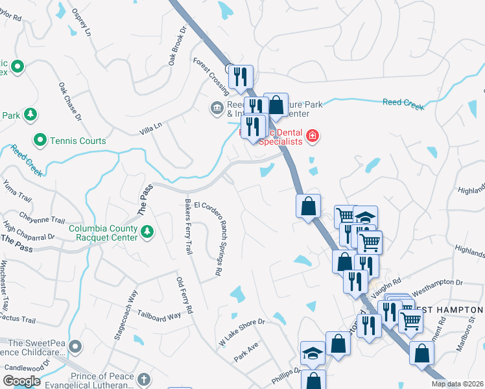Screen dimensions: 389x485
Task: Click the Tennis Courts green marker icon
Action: [40, 140]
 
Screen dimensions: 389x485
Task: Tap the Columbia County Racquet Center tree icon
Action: [147, 231]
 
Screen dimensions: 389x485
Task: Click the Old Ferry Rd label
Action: [185, 295]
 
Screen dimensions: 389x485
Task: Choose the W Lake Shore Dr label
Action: [242, 331]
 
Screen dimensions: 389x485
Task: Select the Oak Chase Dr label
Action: [70, 101]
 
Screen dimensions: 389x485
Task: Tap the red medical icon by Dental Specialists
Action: [313, 136]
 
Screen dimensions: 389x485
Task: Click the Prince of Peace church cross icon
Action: [144, 378]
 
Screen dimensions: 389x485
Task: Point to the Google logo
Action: [22, 381]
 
